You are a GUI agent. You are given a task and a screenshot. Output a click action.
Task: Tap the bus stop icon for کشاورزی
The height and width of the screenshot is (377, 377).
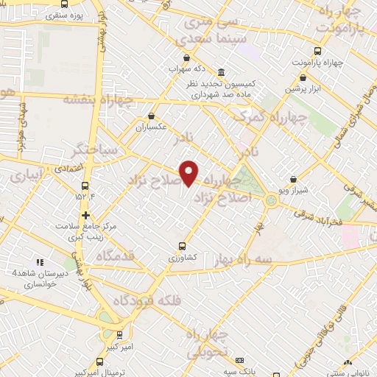click(182, 246)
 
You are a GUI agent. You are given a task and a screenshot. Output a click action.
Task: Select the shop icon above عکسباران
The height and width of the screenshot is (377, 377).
click(151, 116)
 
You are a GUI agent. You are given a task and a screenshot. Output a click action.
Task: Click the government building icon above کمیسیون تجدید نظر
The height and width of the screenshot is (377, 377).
click(222, 72)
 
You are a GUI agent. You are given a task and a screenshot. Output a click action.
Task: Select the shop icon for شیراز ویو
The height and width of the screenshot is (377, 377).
click(293, 179)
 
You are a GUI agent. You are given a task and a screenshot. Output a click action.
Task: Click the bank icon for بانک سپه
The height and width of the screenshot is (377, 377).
click(239, 361)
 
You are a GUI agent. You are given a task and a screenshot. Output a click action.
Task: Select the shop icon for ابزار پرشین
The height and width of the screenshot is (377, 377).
click(303, 77)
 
